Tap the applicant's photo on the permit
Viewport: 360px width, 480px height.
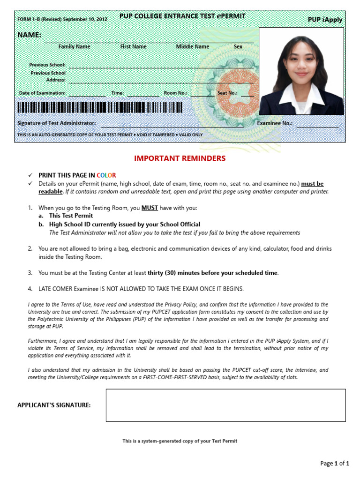301,71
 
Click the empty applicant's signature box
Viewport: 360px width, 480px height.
225,405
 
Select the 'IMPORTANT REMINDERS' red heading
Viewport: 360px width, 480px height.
180,158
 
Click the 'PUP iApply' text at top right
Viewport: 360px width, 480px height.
325,20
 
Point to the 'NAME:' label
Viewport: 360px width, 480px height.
29,35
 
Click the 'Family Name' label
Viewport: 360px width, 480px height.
74,47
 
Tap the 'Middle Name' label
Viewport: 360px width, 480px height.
192,47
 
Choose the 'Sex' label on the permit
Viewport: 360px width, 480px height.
238,47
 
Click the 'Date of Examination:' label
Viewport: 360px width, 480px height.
42,93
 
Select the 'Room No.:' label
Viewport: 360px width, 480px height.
175,93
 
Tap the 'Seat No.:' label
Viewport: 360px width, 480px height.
227,93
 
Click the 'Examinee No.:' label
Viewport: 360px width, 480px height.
275,123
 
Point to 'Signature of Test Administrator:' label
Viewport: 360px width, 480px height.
57,123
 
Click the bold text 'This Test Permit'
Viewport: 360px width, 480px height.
71,216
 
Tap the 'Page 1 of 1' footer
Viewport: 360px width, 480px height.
335,464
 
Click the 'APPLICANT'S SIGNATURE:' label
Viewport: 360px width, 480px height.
54,405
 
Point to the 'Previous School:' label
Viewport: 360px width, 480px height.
47,65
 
